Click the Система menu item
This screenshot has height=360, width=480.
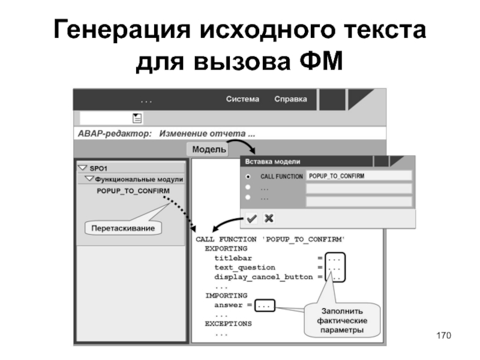[x=242, y=99]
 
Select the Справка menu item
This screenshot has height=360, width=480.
[x=290, y=99]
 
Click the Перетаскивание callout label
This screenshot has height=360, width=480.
[x=122, y=228]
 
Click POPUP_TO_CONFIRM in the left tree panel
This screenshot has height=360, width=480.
[x=133, y=191]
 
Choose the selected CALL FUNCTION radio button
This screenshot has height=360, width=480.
[x=248, y=176]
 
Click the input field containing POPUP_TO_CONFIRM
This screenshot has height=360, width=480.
[x=358, y=176]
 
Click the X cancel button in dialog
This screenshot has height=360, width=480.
[x=269, y=218]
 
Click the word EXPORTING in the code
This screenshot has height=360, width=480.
[x=226, y=248]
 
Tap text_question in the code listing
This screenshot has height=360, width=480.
[x=245, y=268]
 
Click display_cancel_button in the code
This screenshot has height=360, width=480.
[x=263, y=277]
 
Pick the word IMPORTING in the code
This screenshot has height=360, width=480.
[x=226, y=296]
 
